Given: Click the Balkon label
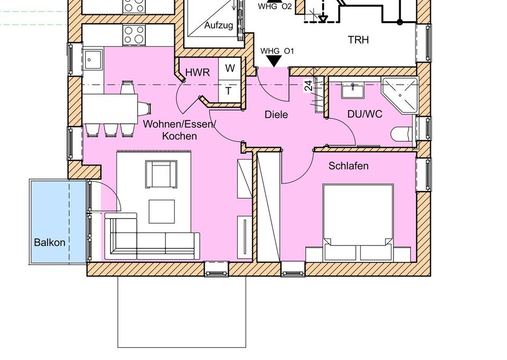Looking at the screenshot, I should pos(50,243).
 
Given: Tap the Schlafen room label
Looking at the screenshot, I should pos(349,166).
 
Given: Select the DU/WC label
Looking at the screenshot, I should pos(365,114).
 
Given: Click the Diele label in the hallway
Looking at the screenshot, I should pos(276,114).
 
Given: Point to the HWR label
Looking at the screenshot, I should pos(198,72).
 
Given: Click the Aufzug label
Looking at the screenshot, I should pos(219,25).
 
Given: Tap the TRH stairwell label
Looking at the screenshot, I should pos(359,40).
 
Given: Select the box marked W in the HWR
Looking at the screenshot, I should pos(230,68).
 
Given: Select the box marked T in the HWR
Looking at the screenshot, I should pos(229,90).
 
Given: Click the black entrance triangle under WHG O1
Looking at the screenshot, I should pos(274,61).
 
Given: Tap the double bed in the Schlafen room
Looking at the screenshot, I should pos(358,222).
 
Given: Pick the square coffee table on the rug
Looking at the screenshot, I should pos(162,211).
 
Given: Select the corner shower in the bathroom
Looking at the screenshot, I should pos(401,95).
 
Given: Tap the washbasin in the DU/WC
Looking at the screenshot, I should pos(353,91).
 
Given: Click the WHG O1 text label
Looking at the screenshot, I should pos(277,51).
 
